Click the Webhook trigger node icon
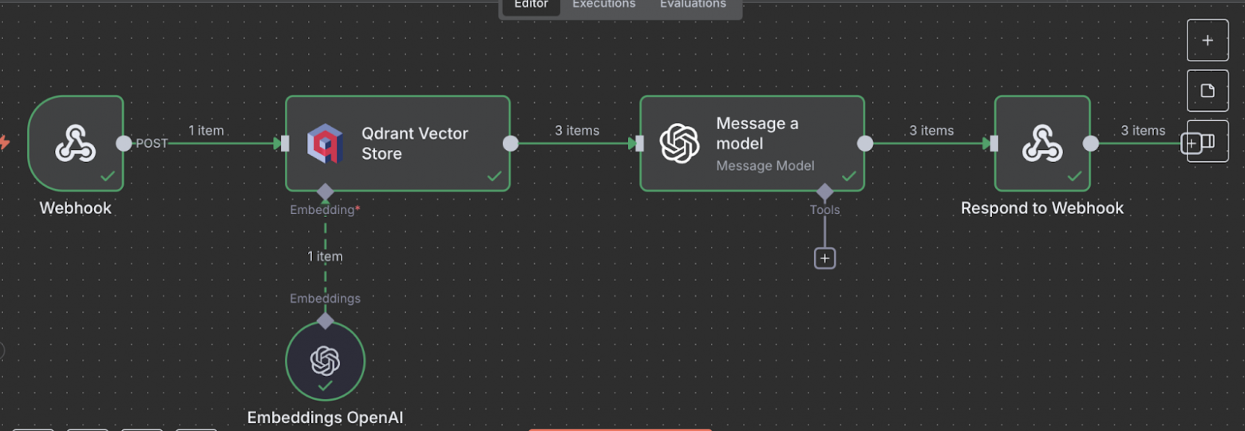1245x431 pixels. [76, 144]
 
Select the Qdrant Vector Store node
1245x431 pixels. [397, 144]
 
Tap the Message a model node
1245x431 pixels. [752, 144]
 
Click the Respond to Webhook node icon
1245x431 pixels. [1041, 144]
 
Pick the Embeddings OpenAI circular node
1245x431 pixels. [325, 361]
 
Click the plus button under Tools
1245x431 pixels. [824, 259]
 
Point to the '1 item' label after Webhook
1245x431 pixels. [206, 130]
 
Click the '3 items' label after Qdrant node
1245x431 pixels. [577, 130]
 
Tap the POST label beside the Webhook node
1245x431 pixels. [152, 144]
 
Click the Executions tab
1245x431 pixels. [604, 5]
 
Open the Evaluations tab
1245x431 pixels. [693, 5]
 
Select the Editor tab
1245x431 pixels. [531, 5]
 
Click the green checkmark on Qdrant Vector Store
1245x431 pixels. [495, 176]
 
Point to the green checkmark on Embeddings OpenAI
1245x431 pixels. [325, 386]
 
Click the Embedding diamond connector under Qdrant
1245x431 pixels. [325, 192]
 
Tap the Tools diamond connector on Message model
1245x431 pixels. [824, 192]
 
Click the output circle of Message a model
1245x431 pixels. [864, 144]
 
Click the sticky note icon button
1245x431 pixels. [1207, 90]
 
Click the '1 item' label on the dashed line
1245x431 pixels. [325, 256]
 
